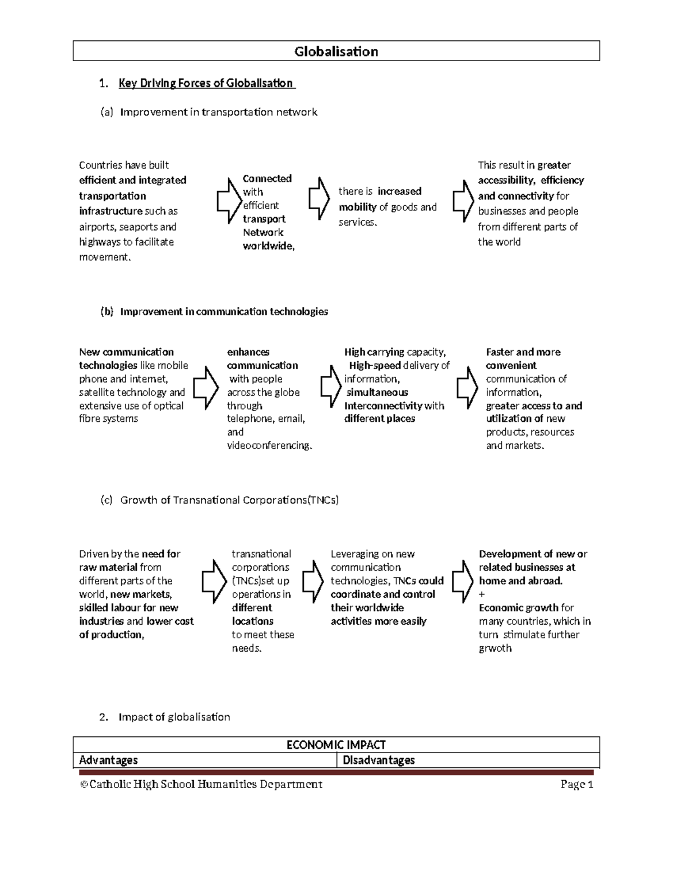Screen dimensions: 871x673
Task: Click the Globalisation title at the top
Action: pyautogui.click(x=336, y=52)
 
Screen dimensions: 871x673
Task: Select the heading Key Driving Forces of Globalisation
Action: pyautogui.click(x=206, y=84)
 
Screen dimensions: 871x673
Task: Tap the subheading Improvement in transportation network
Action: pyautogui.click(x=219, y=112)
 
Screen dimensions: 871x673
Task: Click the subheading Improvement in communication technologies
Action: pyautogui.click(x=224, y=312)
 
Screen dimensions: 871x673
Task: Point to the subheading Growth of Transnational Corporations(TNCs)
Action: pyautogui.click(x=229, y=500)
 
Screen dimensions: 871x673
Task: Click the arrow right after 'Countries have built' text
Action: pyautogui.click(x=228, y=201)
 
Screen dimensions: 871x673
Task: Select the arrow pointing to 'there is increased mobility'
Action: pyautogui.click(x=319, y=199)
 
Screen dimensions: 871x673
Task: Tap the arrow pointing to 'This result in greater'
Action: pyautogui.click(x=463, y=200)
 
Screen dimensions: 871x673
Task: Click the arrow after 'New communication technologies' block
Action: pyautogui.click(x=206, y=388)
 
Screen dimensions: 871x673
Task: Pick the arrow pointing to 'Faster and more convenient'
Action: pyautogui.click(x=467, y=388)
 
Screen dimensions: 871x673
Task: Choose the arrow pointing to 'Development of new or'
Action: pyautogui.click(x=463, y=581)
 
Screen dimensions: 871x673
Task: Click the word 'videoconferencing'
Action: pyautogui.click(x=269, y=446)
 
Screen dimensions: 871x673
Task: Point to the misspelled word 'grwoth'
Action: pyautogui.click(x=495, y=648)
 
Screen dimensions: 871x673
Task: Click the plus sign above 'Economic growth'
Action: pyautogui.click(x=482, y=595)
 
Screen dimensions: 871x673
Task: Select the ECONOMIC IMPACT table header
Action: pyautogui.click(x=336, y=745)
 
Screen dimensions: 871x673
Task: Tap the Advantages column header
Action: pyautogui.click(x=109, y=760)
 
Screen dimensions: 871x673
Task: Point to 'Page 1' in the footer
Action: pyautogui.click(x=577, y=784)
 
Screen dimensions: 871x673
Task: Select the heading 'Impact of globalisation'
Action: pyautogui.click(x=174, y=717)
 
